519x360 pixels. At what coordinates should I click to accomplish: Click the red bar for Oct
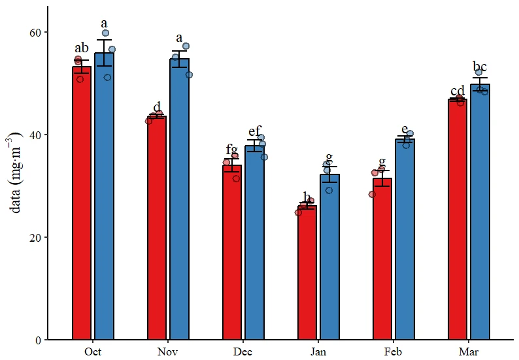click(82, 203)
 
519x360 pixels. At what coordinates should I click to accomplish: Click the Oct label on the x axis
click(93, 352)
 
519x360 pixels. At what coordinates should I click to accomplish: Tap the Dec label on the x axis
click(243, 352)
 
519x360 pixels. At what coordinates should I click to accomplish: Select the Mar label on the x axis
click(469, 352)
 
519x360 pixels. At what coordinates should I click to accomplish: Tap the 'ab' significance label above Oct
click(82, 48)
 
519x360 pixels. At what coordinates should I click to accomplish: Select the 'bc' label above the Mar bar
click(480, 67)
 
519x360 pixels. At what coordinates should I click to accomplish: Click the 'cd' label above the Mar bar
click(457, 91)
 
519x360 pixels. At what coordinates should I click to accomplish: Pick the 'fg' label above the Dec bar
click(232, 149)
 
